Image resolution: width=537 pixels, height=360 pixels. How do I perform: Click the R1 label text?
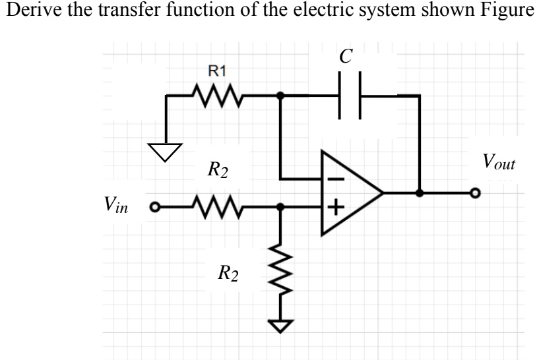click(203, 71)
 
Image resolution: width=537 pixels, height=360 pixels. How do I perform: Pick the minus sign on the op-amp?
click(336, 178)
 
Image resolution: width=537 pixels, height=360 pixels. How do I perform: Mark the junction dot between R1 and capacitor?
click(280, 96)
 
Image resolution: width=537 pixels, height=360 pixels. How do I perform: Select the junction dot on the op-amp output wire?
click(420, 194)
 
